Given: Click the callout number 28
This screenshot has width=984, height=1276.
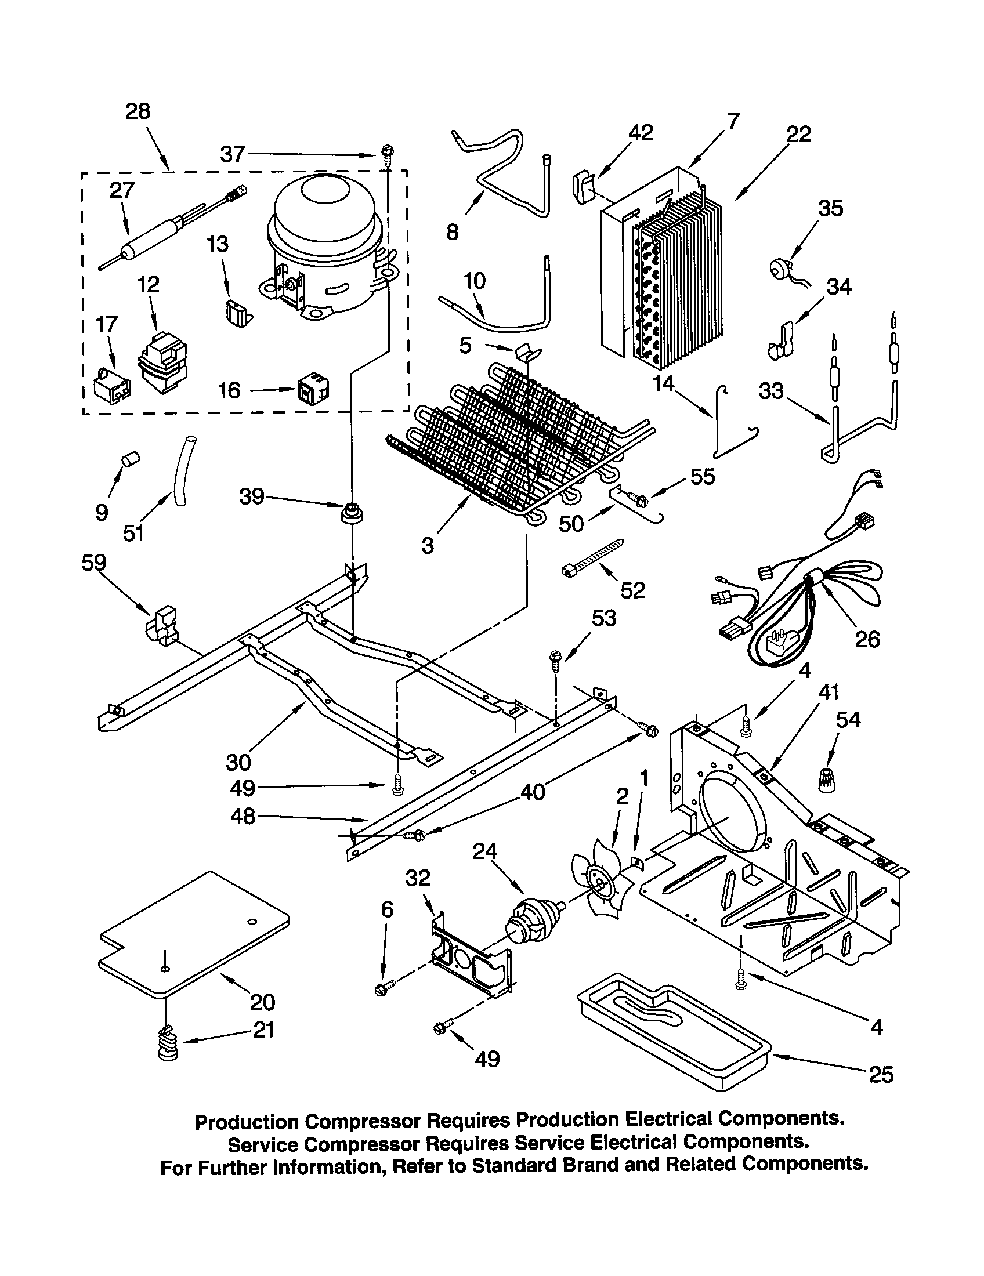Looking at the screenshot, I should click(138, 111).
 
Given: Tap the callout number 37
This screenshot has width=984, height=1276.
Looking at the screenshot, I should click(232, 154).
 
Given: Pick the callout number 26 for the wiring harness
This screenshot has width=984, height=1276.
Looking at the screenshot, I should click(867, 639).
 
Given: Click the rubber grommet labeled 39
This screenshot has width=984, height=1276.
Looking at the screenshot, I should click(352, 513).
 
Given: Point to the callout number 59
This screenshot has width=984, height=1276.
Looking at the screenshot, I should click(93, 563).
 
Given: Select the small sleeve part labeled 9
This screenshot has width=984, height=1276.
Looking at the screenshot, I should click(131, 459).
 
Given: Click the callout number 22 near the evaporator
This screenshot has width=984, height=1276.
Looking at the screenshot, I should click(799, 135).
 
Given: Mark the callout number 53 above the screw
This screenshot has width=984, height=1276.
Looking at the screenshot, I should click(603, 618).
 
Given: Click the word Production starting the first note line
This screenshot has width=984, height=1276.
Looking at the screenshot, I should click(247, 1122).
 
